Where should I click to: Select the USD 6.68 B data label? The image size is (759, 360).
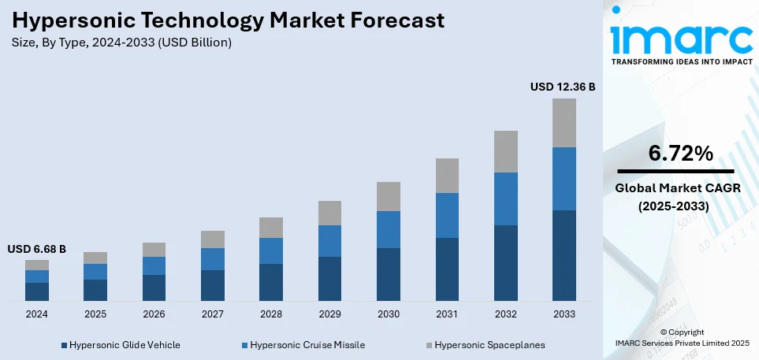37,249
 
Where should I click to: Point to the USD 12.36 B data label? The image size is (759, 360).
563,87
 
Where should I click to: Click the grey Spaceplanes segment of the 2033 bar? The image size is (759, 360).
564,123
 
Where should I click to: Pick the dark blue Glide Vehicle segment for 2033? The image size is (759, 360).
564,255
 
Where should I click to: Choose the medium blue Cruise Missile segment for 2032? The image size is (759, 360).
505,199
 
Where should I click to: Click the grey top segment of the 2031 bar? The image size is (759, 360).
447,176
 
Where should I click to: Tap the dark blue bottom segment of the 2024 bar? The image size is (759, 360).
37,291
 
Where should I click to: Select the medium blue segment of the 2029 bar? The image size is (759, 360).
329,241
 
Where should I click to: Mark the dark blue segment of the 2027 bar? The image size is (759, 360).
213,285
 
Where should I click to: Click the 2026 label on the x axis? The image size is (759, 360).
154,314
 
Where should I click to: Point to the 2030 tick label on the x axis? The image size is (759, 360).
388,314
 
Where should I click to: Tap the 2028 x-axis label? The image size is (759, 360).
271,314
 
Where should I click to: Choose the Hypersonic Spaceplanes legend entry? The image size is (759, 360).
484,344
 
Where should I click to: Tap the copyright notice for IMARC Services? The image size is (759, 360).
682,338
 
